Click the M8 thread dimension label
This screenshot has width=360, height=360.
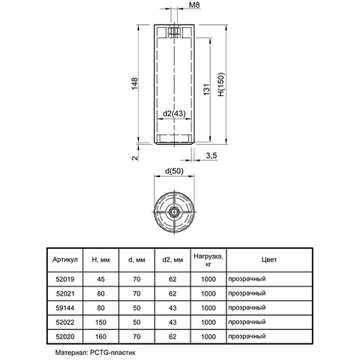pos(194,4)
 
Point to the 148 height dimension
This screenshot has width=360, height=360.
pos(135,84)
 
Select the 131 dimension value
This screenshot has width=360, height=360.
pos(206,89)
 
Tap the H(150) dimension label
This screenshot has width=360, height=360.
pos(221,85)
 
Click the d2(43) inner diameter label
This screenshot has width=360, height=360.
pos(174,114)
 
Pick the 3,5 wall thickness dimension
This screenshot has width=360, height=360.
pos(211,156)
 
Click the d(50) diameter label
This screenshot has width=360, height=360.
pos(174,171)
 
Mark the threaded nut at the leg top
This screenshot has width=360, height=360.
pos(174,32)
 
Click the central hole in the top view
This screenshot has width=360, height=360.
pos(173,212)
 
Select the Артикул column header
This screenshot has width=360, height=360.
pos(65,259)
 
